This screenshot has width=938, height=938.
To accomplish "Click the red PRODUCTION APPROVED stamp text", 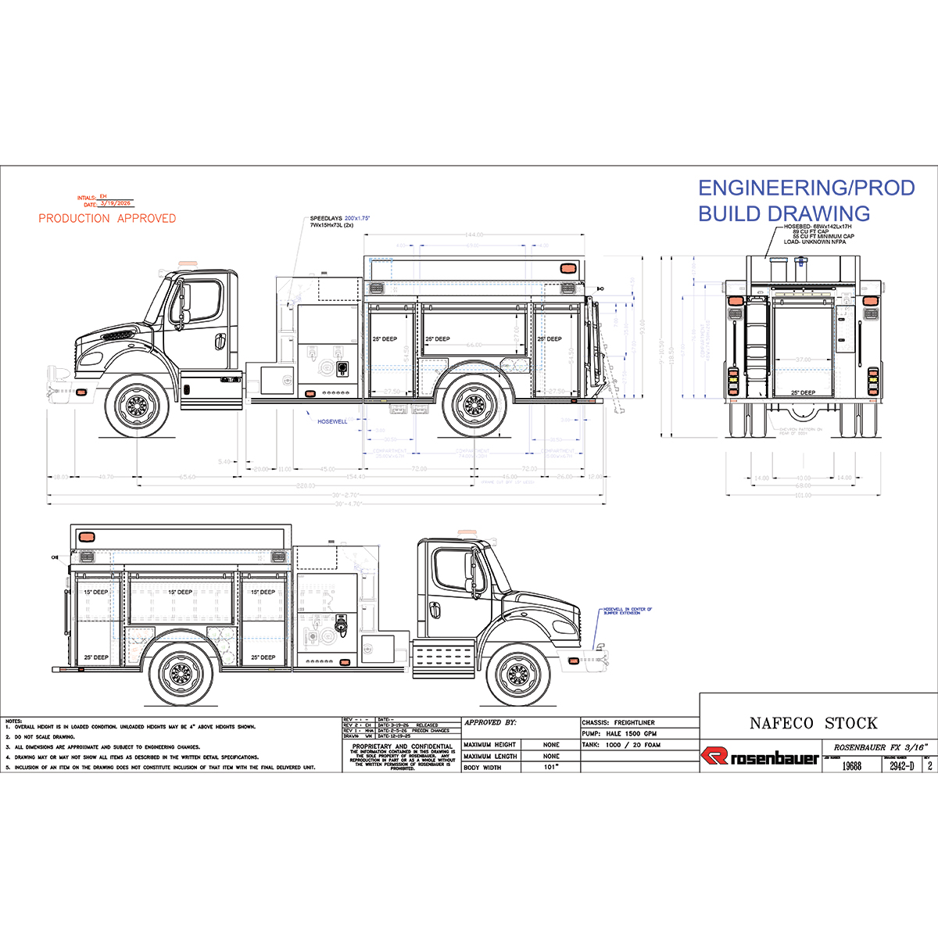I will [107, 219].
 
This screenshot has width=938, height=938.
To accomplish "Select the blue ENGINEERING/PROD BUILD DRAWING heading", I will [805, 201].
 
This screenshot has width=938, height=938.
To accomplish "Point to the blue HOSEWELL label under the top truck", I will [332, 421].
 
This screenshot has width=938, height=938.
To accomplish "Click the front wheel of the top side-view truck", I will [137, 406].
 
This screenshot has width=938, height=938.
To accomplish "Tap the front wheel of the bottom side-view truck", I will [517, 674].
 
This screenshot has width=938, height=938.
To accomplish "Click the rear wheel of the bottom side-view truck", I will [181, 674].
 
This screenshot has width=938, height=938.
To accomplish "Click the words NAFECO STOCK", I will [813, 723].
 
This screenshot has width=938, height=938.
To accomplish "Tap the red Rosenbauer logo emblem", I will [714, 757].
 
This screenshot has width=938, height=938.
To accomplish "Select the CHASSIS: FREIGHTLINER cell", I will [618, 722].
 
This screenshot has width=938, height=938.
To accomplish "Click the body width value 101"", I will [551, 768].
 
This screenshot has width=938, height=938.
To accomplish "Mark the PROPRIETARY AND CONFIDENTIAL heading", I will [402, 746].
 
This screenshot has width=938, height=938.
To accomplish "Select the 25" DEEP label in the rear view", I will [803, 392].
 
